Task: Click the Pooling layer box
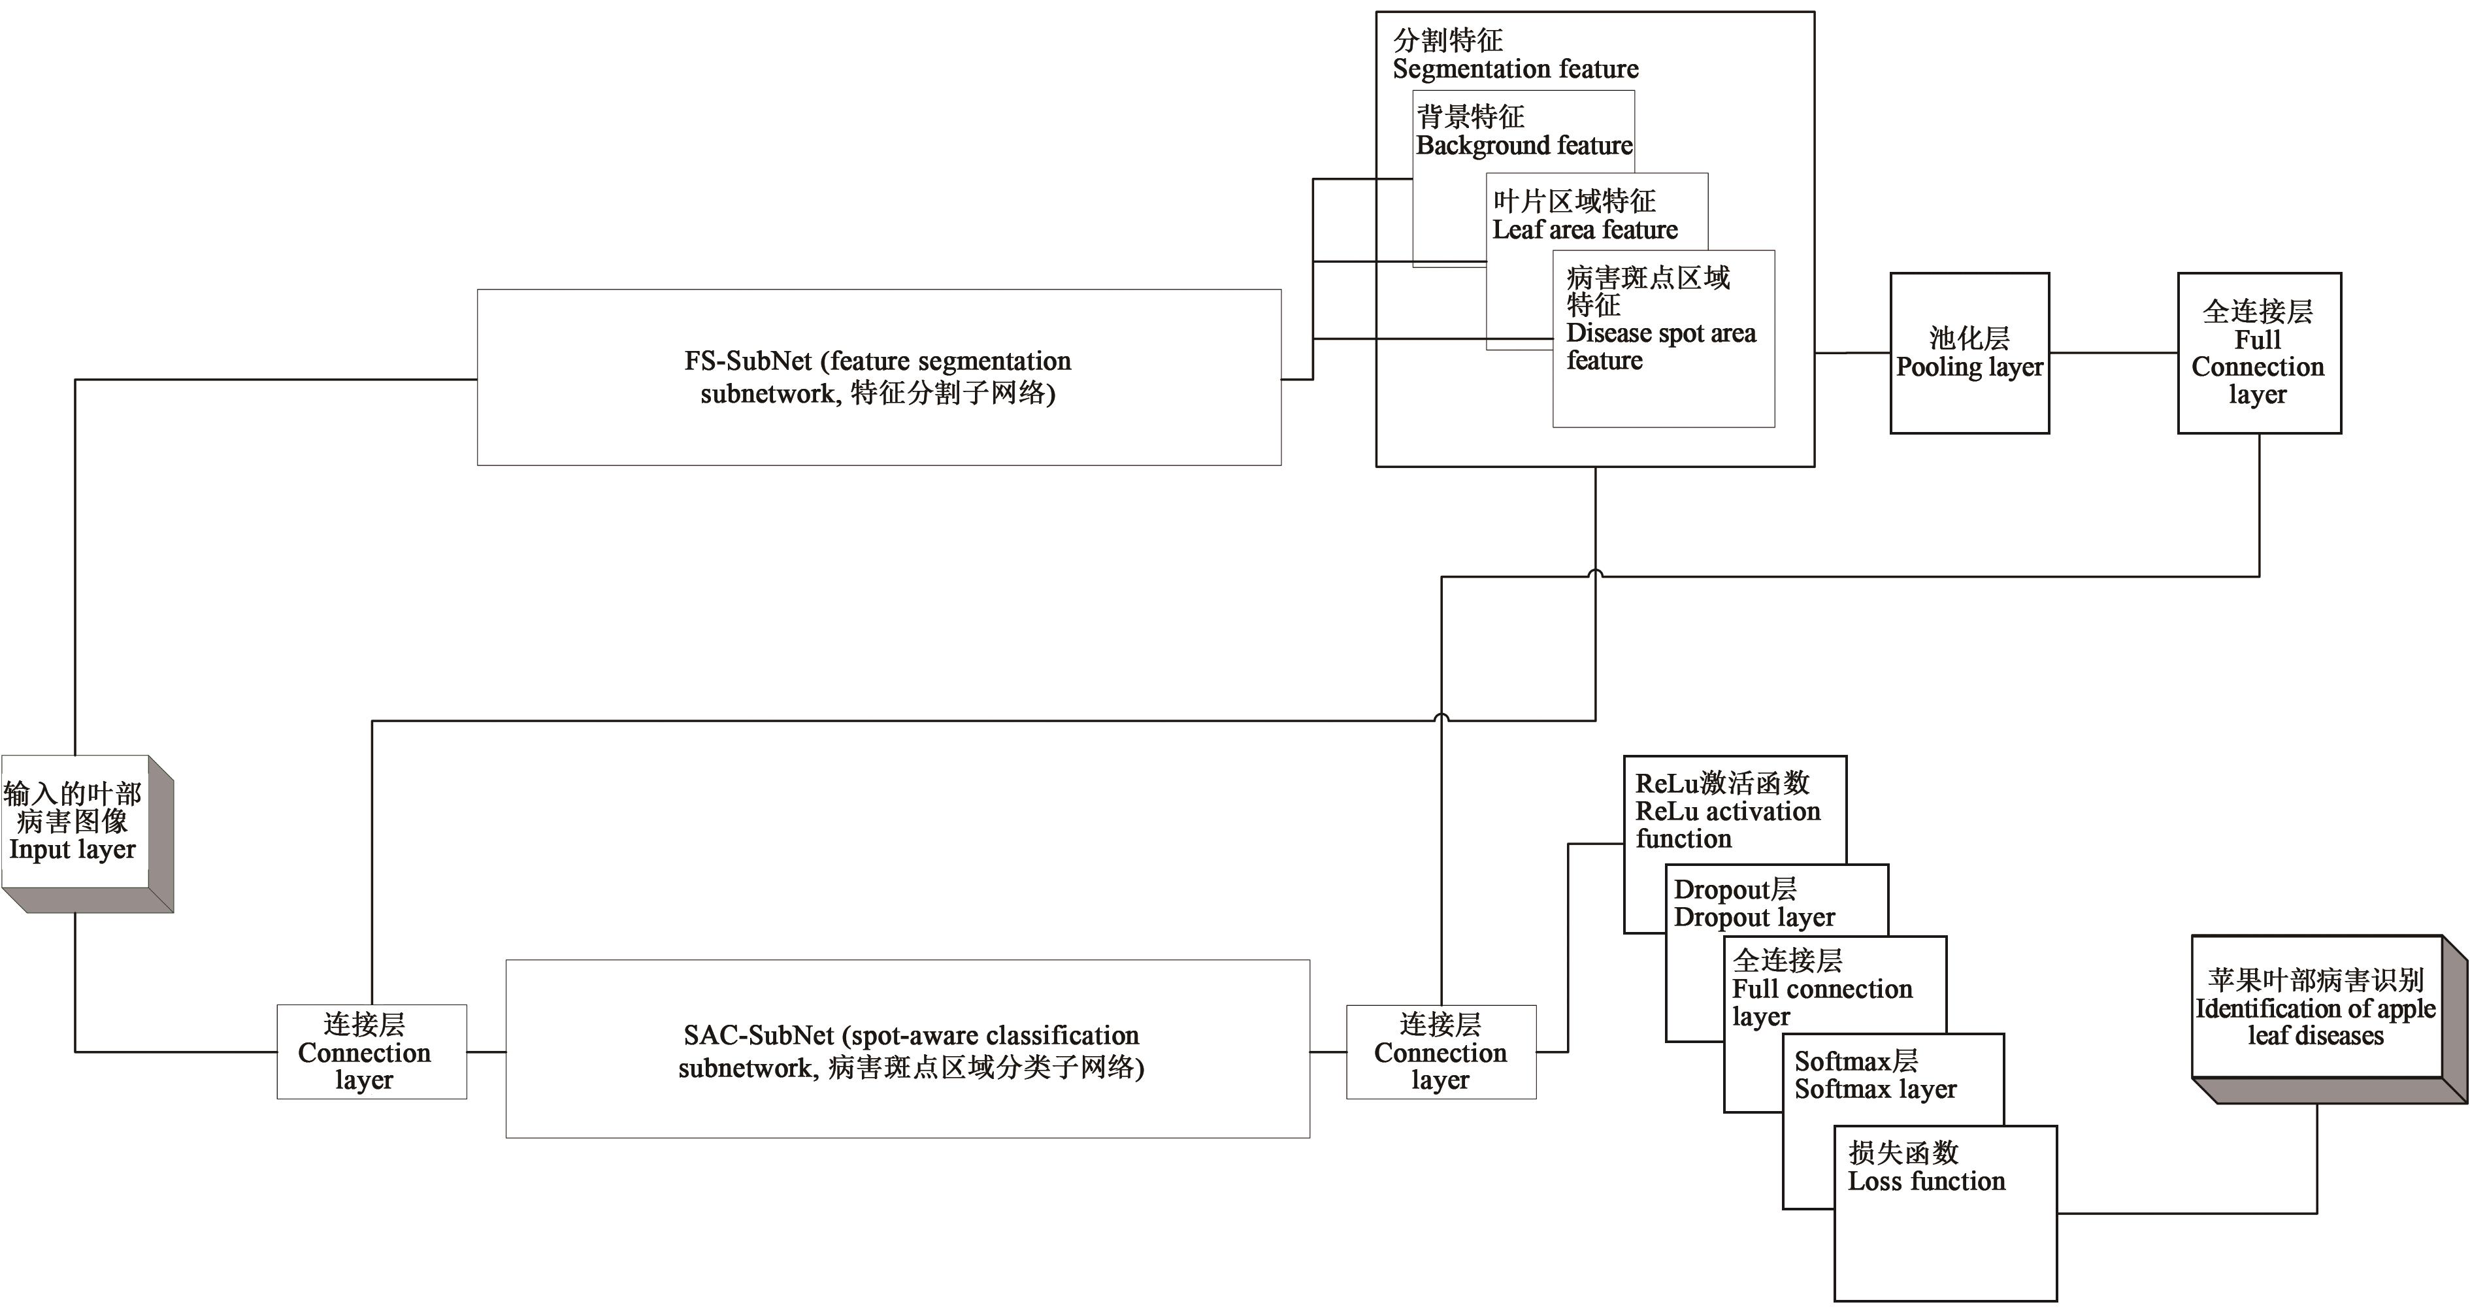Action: point(1969,353)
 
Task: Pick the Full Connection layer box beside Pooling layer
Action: point(2258,353)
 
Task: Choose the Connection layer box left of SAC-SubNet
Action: point(371,1052)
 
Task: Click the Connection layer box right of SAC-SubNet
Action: point(1440,1052)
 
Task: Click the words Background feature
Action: point(1524,146)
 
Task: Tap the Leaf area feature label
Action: point(1585,230)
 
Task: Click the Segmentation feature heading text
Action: point(1515,69)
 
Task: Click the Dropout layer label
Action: point(1754,918)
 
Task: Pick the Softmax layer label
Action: point(1875,1089)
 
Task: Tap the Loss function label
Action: point(1926,1182)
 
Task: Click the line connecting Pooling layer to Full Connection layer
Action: point(2113,353)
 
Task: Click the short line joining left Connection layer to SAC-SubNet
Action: point(486,1052)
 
